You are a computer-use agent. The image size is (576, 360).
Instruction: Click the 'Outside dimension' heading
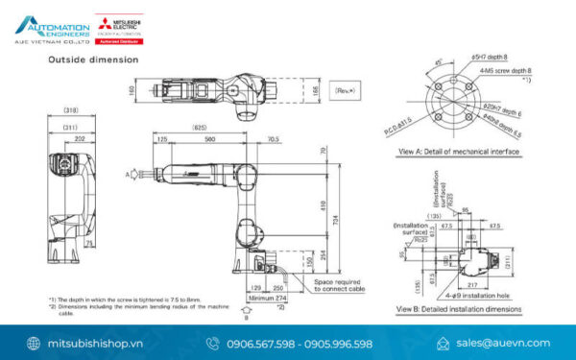pos(93,60)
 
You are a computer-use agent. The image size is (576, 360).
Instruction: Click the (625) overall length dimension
pos(199,126)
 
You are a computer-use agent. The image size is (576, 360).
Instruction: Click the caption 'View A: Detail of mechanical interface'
pos(458,151)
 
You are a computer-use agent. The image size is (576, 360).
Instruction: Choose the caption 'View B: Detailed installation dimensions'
pos(460,309)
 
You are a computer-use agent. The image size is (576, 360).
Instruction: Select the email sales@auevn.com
pos(503,343)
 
